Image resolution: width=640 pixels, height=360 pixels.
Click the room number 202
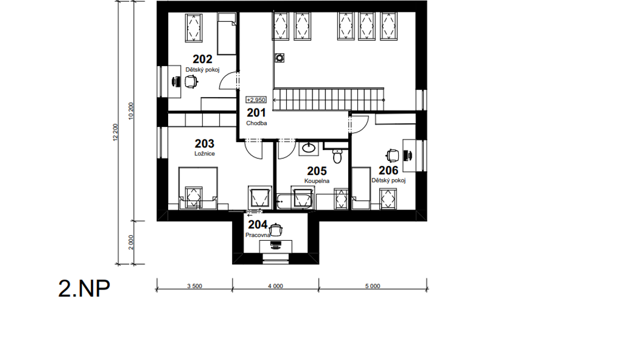(202, 59)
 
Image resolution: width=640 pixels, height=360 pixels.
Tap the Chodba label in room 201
(257, 123)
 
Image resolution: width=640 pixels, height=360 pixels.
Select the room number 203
(204, 144)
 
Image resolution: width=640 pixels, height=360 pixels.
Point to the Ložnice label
(204, 154)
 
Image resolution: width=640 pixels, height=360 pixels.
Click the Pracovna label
(258, 235)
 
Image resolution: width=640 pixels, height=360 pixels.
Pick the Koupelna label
(317, 181)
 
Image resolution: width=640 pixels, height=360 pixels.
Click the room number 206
(388, 170)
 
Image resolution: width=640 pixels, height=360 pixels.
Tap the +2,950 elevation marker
(256, 100)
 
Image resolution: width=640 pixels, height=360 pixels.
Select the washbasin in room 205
(309, 147)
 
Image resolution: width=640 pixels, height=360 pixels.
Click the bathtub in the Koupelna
(295, 201)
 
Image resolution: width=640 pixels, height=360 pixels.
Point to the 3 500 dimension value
(195, 286)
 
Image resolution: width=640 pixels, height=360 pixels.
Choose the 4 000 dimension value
(276, 286)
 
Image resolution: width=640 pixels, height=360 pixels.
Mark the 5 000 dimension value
(373, 286)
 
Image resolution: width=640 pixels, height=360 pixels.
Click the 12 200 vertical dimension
(115, 133)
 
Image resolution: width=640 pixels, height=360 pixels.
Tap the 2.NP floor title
(84, 288)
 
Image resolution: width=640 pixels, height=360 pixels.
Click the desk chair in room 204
(276, 230)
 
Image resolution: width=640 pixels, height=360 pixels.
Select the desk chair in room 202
(191, 82)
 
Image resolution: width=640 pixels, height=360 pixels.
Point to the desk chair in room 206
(392, 156)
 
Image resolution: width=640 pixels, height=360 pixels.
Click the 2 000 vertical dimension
(131, 242)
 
